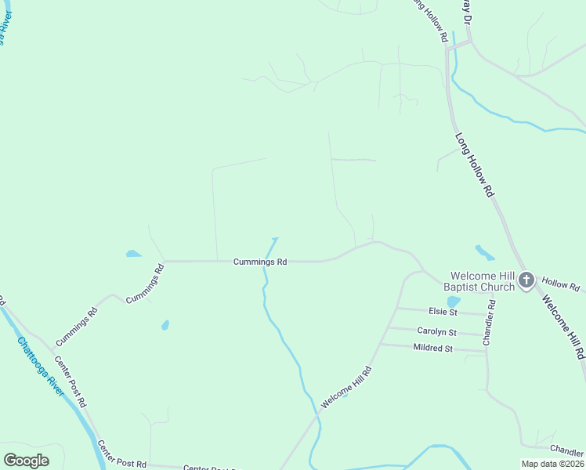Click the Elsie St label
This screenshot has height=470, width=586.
tap(443, 311)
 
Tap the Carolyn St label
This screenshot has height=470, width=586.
tap(437, 331)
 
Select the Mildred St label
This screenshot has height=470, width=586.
tap(432, 347)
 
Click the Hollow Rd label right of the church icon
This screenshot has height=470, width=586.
tap(560, 284)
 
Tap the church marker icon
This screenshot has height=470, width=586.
tap(526, 280)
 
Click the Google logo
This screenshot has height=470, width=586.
tap(26, 461)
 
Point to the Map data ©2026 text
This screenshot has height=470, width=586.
tap(552, 464)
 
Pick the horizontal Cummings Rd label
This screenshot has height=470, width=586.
tap(260, 262)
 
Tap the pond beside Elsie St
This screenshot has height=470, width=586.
tap(453, 302)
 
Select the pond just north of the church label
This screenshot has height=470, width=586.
tap(485, 253)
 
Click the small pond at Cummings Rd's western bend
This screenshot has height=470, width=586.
tap(134, 254)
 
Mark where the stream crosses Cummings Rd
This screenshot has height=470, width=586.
tap(264, 261)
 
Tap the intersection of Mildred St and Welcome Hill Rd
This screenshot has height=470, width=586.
tap(380, 345)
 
